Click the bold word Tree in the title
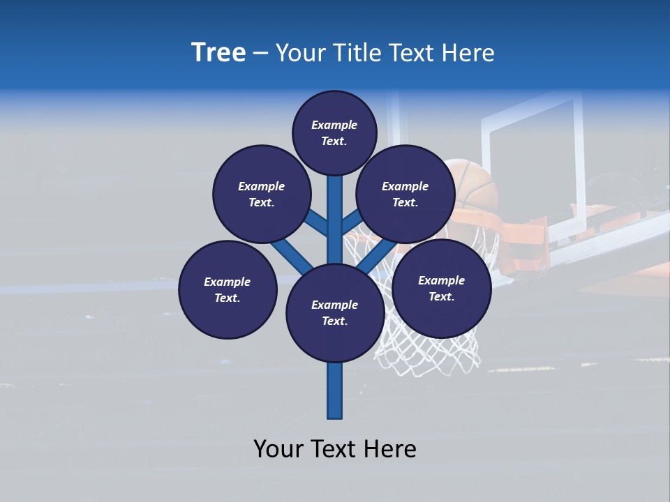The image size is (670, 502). point(218,52)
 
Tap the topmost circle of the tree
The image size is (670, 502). point(334,132)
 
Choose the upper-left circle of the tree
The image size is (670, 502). point(261,194)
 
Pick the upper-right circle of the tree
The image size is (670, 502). point(405,194)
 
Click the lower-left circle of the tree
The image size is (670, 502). point(228,289)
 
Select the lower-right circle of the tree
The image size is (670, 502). point(441,288)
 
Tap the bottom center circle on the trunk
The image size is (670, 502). point(334,312)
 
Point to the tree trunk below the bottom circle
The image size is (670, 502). point(334,390)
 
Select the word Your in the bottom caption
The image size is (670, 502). point(279,448)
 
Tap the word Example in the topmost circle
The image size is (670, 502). point(334,125)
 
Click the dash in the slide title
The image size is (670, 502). point(260,53)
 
